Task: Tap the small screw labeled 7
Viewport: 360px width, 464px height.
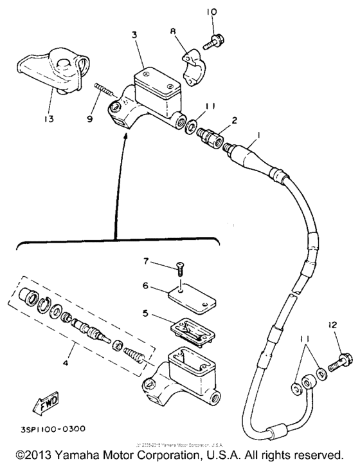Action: point(181,265)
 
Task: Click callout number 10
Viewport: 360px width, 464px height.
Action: point(212,13)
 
